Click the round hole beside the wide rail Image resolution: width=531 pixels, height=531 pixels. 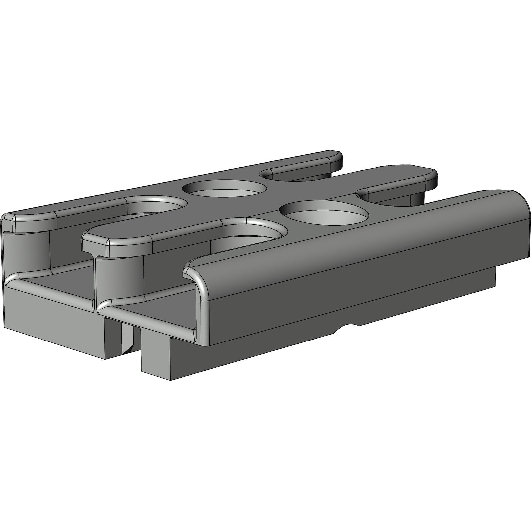324,212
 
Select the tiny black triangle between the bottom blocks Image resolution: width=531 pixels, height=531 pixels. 129,348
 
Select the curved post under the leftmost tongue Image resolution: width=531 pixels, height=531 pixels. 27,252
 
